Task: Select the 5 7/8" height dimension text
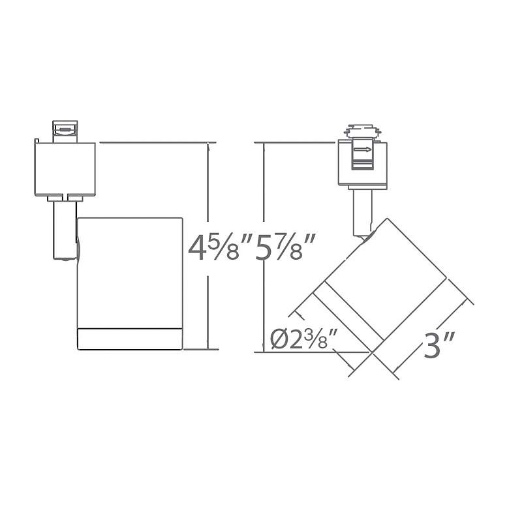tap(285, 249)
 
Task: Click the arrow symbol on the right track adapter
tap(363, 149)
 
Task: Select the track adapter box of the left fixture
tap(65, 169)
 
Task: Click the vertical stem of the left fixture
tap(65, 230)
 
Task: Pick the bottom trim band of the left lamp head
tap(129, 339)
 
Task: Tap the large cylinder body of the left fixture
tap(129, 273)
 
